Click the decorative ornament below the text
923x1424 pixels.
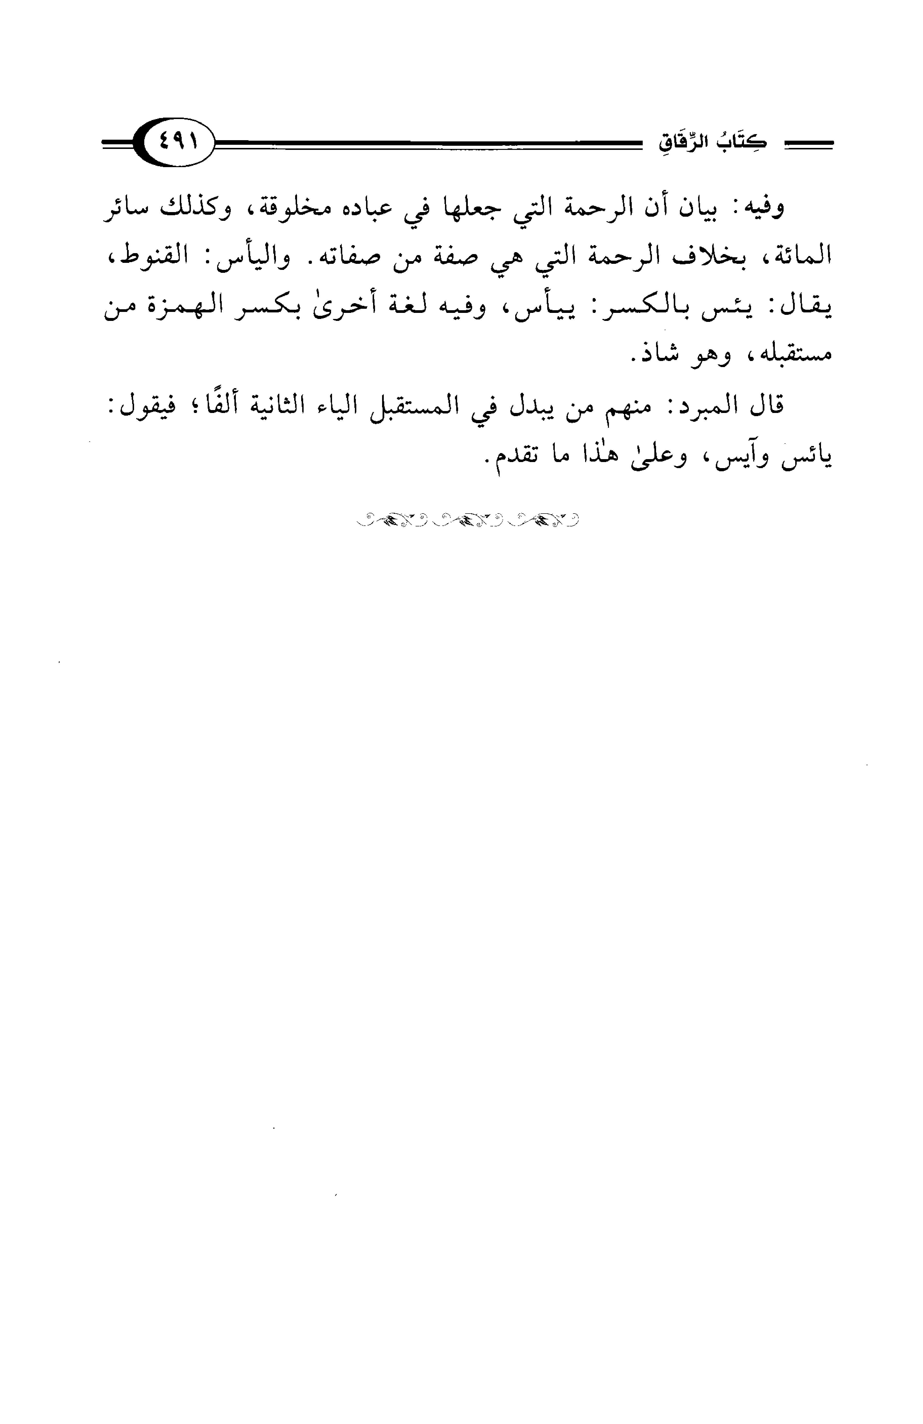(468, 519)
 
